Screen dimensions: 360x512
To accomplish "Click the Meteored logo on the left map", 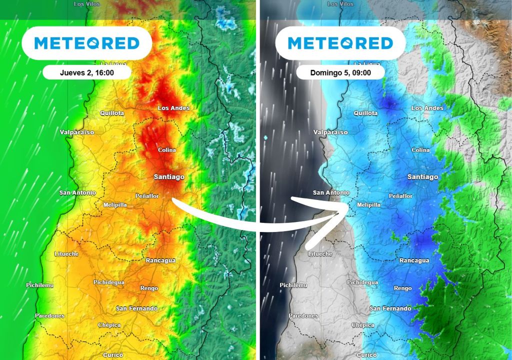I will pos(86,43).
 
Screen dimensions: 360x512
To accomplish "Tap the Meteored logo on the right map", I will pos(340,43).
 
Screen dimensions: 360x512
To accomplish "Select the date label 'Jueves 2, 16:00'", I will pos(87,72).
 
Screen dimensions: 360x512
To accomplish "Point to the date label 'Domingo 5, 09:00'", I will pos(340,72).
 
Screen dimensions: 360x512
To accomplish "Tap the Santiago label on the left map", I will pos(169,177).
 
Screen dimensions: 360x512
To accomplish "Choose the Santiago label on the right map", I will pos(422,177).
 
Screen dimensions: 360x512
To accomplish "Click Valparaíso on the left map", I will pos(77,132).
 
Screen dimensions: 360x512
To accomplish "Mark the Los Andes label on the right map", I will pos(427,108).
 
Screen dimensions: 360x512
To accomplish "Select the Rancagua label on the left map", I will pos(160,260).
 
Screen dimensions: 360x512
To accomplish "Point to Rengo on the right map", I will pos(403,288).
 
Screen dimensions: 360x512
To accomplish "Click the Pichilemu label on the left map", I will pos(39,285).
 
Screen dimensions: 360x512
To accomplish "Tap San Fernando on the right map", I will pos(390,308).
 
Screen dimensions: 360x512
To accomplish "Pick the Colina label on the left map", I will pos(167,150).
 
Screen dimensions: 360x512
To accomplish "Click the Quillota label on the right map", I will pos(365,113).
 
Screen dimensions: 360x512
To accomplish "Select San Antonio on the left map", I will pos(77,192).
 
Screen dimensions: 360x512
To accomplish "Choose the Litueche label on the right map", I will pos(320,254).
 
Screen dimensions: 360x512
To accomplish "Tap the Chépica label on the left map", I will pos(109,325).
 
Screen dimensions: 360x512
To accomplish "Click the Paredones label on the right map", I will pos(303,316).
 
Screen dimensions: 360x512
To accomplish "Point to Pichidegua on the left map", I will pos(109,282).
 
